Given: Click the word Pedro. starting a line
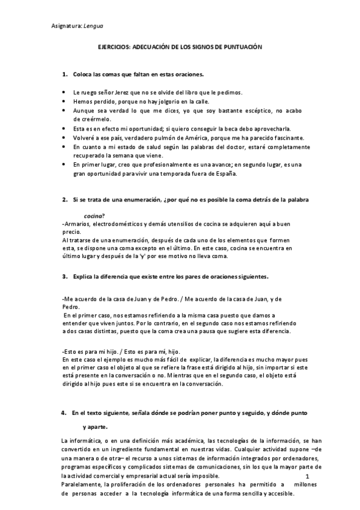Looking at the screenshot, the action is pos(70,306).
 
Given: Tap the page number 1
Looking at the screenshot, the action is pos(307,476).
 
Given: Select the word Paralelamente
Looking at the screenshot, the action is pos(82,484).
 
